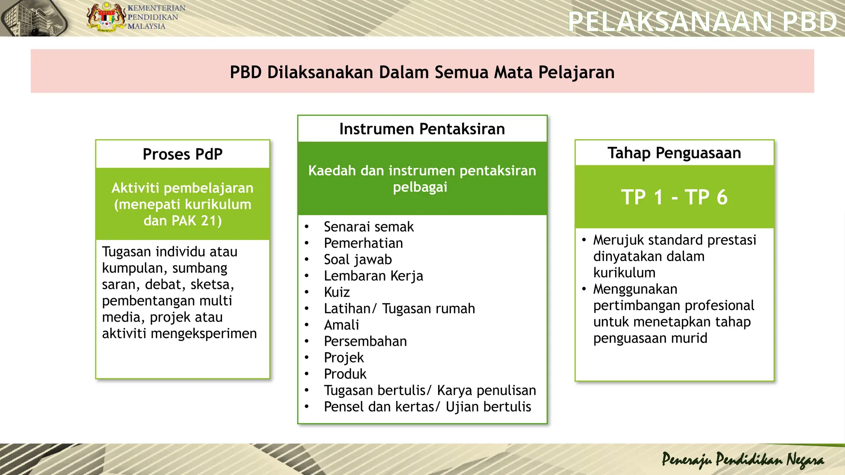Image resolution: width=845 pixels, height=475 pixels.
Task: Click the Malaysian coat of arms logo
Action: pos(106,17)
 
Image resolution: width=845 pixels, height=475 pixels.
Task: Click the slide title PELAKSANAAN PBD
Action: pos(702,21)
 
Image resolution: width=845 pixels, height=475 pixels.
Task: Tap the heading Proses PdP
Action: pos(182,154)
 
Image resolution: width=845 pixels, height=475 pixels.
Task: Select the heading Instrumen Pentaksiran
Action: pos(422,129)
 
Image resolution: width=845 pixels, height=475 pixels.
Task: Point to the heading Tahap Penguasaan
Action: pos(674,153)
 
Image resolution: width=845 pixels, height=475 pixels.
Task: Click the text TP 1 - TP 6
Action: pos(674,197)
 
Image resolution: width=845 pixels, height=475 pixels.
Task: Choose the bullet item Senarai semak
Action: pos(368,227)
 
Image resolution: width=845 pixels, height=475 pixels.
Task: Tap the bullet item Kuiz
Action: pos(337,292)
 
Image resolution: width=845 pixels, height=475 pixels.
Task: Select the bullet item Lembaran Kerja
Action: pos(373,276)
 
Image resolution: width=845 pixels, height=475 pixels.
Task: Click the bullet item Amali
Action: pos(341,325)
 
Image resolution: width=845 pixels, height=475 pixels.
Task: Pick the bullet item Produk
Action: pos(345,374)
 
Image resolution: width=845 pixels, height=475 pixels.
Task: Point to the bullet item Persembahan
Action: pos(365,341)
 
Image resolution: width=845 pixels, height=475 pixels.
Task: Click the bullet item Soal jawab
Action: pos(358,260)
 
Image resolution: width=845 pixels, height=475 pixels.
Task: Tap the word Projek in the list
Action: pos(344,357)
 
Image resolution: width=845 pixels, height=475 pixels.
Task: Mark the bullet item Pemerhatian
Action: pos(363,243)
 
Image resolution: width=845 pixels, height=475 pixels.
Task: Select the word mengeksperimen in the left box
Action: pos(204,334)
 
